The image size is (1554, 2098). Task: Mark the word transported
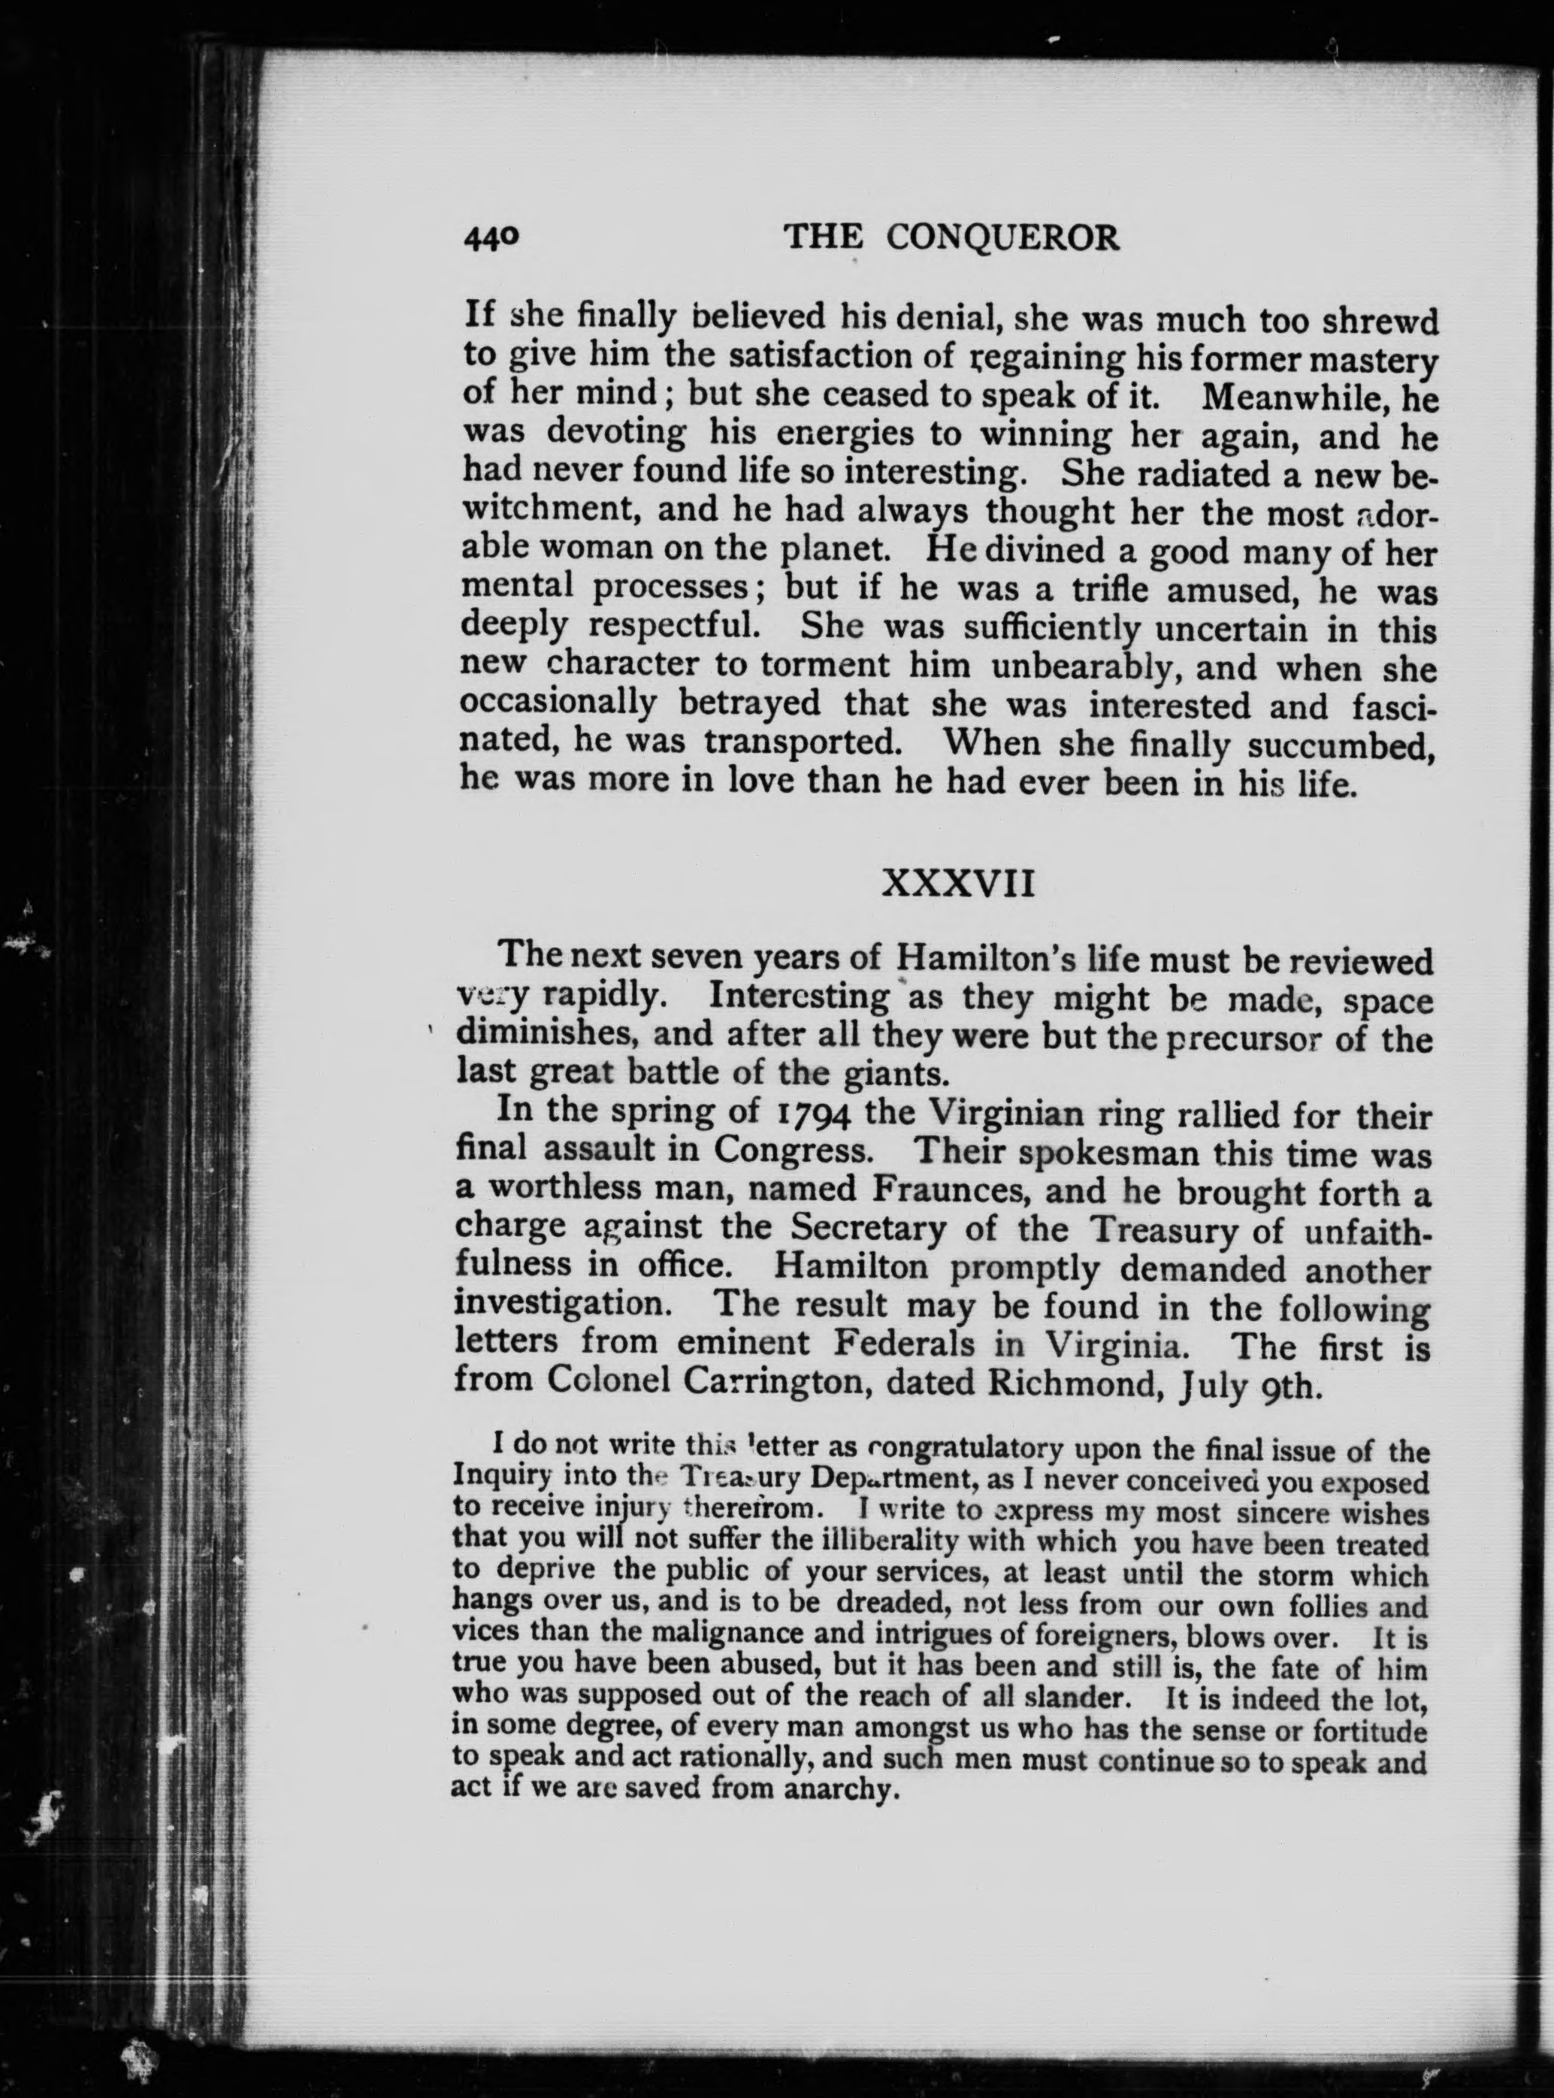point(800,745)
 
